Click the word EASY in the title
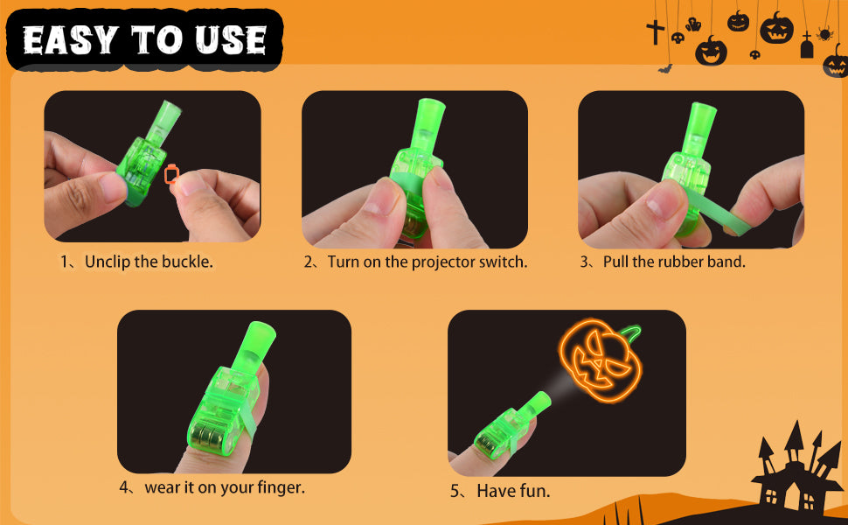[x=70, y=40]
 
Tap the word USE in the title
[x=231, y=40]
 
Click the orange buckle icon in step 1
[x=171, y=174]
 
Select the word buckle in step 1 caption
[x=187, y=262]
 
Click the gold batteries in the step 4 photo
[x=212, y=437]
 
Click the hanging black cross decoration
[x=655, y=31]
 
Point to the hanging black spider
[x=824, y=33]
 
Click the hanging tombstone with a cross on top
[x=807, y=45]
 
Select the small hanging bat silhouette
[x=665, y=68]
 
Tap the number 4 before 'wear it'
[x=124, y=487]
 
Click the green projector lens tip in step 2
[x=431, y=107]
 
